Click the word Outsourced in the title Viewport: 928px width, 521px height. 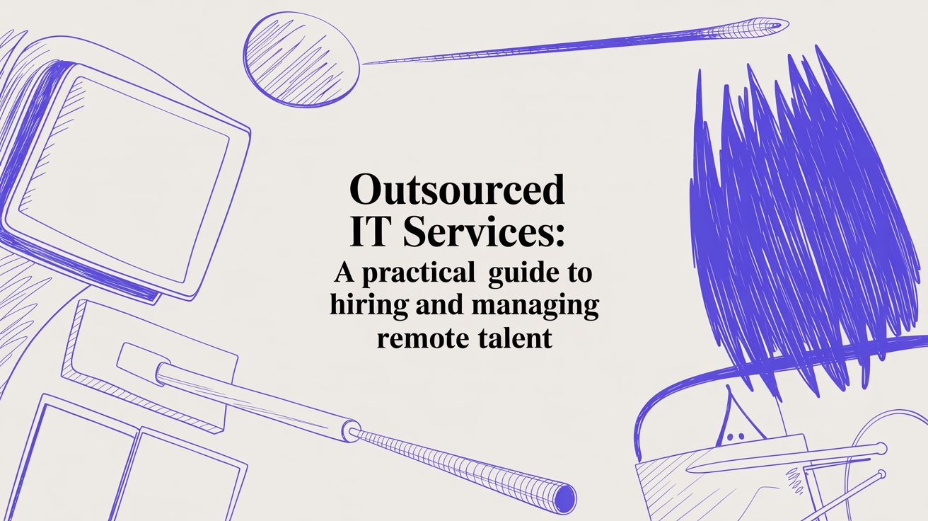click(x=458, y=190)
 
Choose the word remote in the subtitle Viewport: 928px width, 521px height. click(x=418, y=338)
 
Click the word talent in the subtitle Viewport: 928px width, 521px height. click(x=511, y=338)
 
